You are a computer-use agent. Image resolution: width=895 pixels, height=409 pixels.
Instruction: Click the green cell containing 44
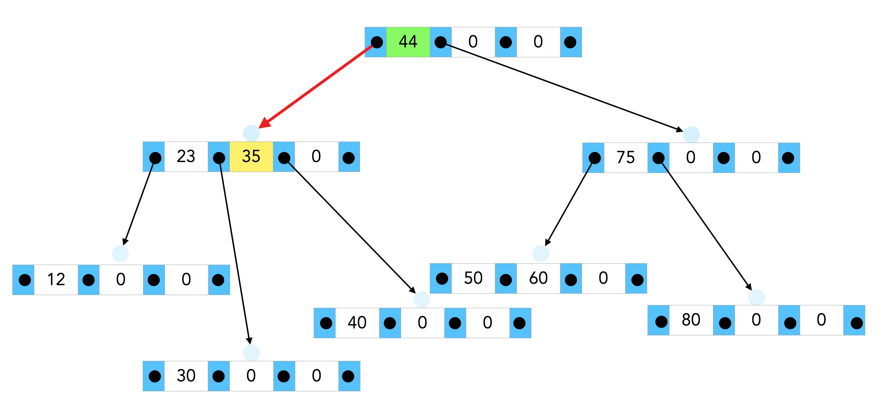(408, 42)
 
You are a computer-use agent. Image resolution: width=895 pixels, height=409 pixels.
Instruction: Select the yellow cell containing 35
(251, 156)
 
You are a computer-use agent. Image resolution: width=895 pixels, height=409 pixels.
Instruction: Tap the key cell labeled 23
(186, 156)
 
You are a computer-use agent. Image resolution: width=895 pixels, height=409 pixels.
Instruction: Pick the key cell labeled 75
(626, 157)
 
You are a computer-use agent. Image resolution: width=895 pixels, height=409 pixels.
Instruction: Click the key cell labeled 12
(56, 280)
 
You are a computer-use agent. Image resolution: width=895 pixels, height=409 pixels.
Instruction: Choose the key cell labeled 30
(186, 376)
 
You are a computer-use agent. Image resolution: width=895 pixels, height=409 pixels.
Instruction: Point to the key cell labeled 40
(357, 323)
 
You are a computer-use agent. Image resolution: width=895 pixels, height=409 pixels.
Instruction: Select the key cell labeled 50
(473, 278)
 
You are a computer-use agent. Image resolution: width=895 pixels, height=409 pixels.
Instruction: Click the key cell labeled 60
(538, 278)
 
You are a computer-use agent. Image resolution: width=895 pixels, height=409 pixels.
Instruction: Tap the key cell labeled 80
(691, 320)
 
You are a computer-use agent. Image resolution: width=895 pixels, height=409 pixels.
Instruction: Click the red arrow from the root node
(319, 85)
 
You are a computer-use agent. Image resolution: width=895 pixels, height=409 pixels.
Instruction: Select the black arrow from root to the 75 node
(563, 87)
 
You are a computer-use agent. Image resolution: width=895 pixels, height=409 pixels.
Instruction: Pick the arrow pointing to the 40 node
(350, 226)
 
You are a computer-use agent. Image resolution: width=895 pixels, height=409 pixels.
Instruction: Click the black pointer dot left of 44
(376, 42)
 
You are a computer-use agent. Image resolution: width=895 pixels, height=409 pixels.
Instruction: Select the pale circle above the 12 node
(120, 254)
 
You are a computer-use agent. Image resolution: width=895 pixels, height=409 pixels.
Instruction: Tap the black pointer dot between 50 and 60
(506, 280)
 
